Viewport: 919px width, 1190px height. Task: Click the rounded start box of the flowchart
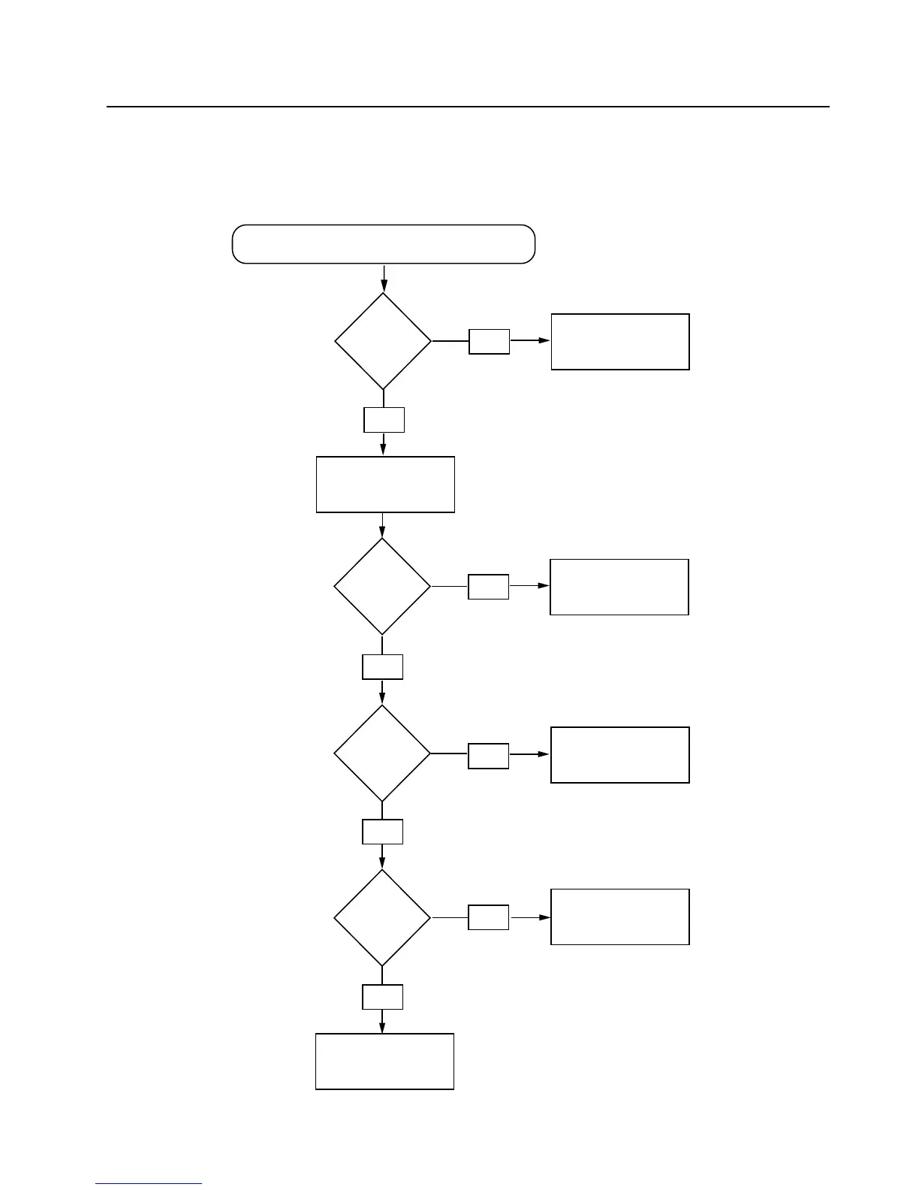coord(384,244)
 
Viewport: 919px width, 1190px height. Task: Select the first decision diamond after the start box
coord(383,342)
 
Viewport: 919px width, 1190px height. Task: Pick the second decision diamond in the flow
coord(382,587)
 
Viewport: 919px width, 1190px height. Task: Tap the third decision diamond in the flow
coord(382,753)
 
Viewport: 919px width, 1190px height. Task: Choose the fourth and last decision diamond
coord(382,918)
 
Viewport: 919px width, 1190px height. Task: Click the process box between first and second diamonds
coord(385,485)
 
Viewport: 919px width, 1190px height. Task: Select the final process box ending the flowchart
coord(384,1062)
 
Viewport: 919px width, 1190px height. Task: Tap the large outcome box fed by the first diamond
coord(620,342)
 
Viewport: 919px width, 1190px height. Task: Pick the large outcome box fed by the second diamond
coord(619,587)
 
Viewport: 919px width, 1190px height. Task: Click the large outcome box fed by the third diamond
coord(620,755)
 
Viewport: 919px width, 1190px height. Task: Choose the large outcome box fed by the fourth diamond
coord(620,917)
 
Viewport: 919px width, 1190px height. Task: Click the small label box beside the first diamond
coord(490,342)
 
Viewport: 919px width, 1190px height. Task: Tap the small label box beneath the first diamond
coord(384,420)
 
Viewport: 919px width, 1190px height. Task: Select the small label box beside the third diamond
coord(489,756)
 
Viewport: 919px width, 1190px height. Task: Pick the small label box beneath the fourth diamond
coord(382,997)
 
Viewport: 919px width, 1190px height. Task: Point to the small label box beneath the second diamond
coord(382,667)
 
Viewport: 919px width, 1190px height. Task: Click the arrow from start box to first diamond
coord(384,278)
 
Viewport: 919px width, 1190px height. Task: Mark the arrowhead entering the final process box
coord(382,1027)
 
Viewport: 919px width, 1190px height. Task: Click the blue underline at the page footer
coord(149,1184)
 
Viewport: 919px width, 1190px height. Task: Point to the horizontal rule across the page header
coord(468,107)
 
